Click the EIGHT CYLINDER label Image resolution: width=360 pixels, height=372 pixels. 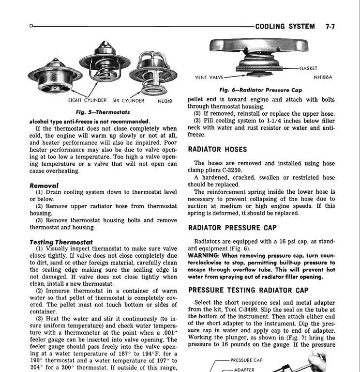pos(87,101)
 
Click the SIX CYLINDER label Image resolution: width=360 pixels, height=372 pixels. pos(128,101)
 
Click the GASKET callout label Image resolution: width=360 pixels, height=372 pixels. pos(308,68)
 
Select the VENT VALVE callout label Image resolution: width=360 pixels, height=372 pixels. pos(209,77)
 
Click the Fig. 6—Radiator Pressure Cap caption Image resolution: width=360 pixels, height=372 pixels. pos(261,90)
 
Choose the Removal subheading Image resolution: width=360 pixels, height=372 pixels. pos(44,186)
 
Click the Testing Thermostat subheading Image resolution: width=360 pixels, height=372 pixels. pos(61,242)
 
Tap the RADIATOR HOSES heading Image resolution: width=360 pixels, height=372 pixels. pos(217,149)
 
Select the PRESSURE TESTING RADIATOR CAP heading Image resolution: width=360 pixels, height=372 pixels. pos(248,290)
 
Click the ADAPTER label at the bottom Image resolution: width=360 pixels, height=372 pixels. pos(244,369)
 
